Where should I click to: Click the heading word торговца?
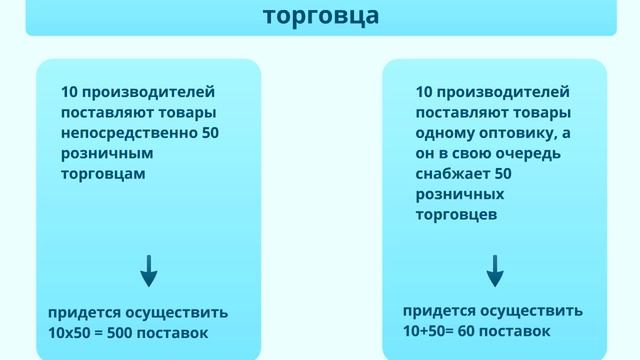[321, 16]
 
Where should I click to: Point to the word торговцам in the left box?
[103, 173]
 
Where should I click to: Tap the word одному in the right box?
[440, 133]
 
